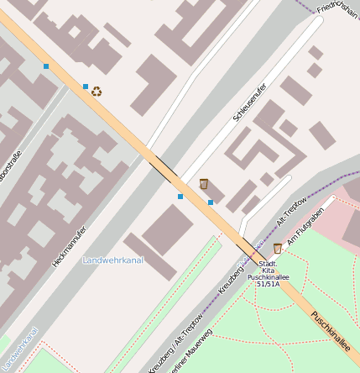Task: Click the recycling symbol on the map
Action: coord(97,92)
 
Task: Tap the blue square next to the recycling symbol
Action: coord(85,86)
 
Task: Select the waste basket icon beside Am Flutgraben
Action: coord(278,248)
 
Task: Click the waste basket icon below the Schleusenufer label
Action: coord(204,183)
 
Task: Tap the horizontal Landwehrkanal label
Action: coord(113,260)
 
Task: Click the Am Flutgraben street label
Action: coord(304,230)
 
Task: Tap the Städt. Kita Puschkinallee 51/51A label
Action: coord(268,275)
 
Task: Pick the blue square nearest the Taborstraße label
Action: coord(46,66)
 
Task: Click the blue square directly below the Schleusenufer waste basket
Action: coord(210,202)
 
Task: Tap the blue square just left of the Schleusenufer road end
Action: coord(180,197)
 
